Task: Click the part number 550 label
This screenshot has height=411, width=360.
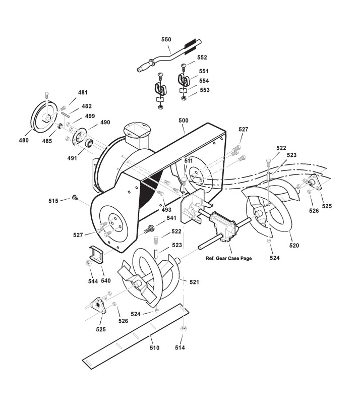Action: tap(166, 39)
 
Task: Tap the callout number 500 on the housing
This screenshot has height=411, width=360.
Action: tap(183, 121)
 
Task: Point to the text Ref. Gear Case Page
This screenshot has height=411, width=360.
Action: tap(228, 258)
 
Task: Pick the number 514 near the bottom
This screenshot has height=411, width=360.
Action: tap(180, 348)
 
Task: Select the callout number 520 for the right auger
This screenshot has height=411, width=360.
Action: tap(294, 246)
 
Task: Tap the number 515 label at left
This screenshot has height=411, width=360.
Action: tap(53, 201)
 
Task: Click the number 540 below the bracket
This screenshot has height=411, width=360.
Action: tap(106, 280)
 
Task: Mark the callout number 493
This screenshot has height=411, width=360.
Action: tap(166, 209)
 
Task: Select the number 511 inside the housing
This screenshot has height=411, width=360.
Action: tap(189, 161)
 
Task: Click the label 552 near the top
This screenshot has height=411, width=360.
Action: tap(202, 58)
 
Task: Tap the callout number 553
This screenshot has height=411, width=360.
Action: tap(204, 90)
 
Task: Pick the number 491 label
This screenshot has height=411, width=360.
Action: tap(72, 158)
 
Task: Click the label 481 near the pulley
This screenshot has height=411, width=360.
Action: tap(82, 93)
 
